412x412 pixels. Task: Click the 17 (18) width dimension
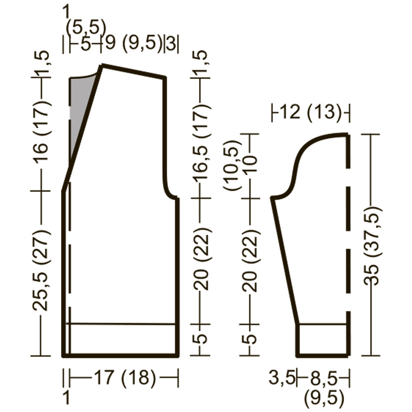(x=124, y=378)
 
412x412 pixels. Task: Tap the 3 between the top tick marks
(x=171, y=44)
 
